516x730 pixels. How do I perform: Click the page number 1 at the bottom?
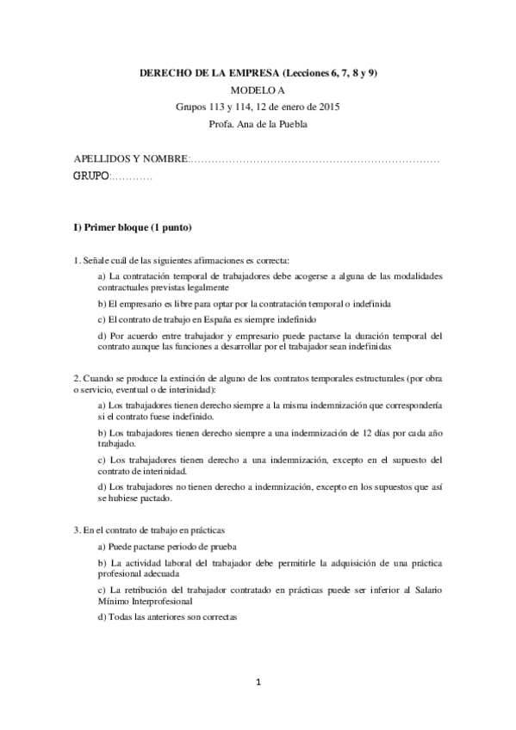pos(258,683)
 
